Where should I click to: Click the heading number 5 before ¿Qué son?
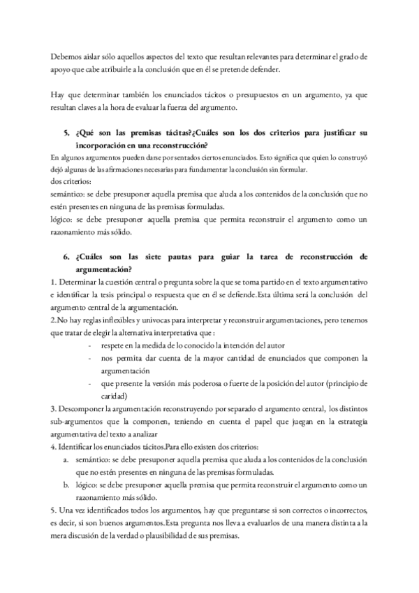pyautogui.click(x=65, y=133)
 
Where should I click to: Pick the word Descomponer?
pyautogui.click(x=86, y=408)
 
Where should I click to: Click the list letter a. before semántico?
pyautogui.click(x=66, y=459)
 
